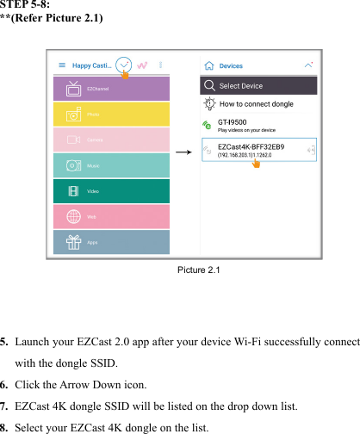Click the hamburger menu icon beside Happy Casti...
[61, 65]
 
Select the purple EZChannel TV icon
[73, 88]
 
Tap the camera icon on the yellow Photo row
[73, 114]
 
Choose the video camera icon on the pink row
[73, 139]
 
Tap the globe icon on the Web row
[73, 216]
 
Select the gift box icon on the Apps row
[73, 242]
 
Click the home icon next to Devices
[209, 65]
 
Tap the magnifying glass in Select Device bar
[209, 86]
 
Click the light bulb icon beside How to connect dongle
[209, 104]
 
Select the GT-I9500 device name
[233, 122]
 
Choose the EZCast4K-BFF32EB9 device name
[251, 146]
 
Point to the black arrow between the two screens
[183, 151]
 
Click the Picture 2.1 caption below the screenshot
[199, 271]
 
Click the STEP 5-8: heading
[30, 6]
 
